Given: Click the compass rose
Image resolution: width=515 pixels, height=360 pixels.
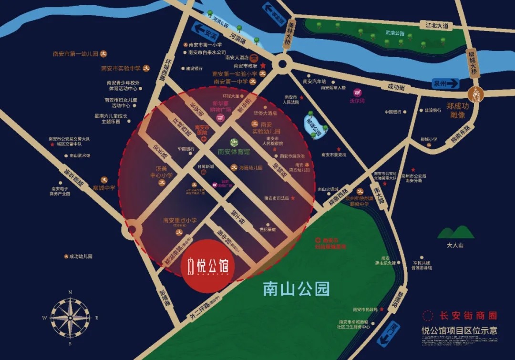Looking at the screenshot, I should coord(70,317).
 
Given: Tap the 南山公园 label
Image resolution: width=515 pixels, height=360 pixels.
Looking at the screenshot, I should coord(297,288).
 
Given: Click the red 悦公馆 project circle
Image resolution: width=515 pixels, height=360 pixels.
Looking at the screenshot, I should coord(208,266).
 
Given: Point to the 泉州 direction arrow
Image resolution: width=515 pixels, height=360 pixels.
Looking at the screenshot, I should coord(445,83).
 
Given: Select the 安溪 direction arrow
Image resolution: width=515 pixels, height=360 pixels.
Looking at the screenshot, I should coord(205,33).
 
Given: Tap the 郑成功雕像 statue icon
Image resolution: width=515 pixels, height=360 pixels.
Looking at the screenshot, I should coord(475,93).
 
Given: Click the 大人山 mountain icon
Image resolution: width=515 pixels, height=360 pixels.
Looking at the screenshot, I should coord(455,232).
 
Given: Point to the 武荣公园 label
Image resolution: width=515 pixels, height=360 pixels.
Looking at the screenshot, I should coord(394,33).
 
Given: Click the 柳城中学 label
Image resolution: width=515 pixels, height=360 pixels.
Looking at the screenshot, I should coord(104,187).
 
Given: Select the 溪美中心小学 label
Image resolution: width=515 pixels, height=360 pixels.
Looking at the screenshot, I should coord(158,172).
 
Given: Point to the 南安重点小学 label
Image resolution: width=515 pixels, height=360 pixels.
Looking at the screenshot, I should coord(180,220).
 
